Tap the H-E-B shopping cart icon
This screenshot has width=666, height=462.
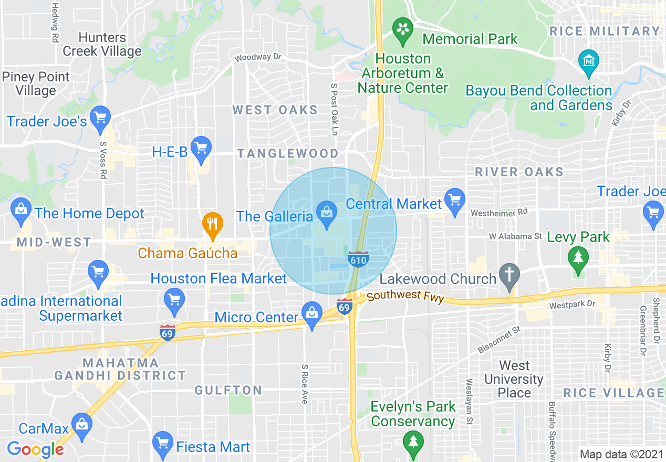coord(201,148)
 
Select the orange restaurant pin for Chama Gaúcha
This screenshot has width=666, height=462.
coord(212,225)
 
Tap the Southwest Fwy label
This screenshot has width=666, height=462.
coord(405,297)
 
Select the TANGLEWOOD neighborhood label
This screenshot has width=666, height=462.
coord(287,153)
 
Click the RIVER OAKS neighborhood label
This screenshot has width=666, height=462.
coord(519,172)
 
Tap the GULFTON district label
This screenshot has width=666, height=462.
coord(228,390)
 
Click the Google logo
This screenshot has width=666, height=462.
coord(35,449)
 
